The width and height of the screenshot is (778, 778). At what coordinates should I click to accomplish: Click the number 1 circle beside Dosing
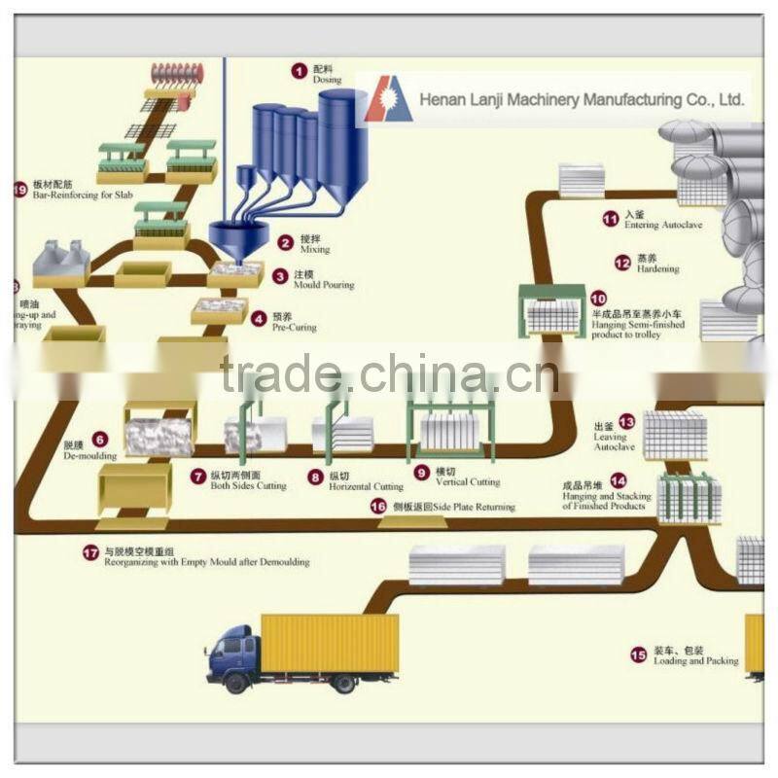[300, 70]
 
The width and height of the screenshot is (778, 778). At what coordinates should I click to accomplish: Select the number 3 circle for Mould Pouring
[280, 277]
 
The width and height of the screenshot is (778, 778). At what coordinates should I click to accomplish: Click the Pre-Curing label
[295, 328]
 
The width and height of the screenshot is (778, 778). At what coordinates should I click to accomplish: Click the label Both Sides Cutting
[249, 485]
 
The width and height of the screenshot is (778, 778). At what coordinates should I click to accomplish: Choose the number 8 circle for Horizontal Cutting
[315, 477]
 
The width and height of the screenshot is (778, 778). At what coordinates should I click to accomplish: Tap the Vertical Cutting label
[470, 481]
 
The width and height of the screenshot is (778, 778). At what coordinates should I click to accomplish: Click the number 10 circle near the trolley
[597, 300]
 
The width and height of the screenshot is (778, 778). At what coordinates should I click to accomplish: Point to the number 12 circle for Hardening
[622, 262]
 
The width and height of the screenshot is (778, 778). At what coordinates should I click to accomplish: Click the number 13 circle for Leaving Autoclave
[626, 422]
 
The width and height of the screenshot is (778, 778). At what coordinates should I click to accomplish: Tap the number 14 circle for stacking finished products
[619, 479]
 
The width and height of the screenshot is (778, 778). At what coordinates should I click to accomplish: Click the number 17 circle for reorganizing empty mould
[90, 552]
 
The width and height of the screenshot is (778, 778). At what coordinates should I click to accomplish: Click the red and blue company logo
[388, 101]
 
